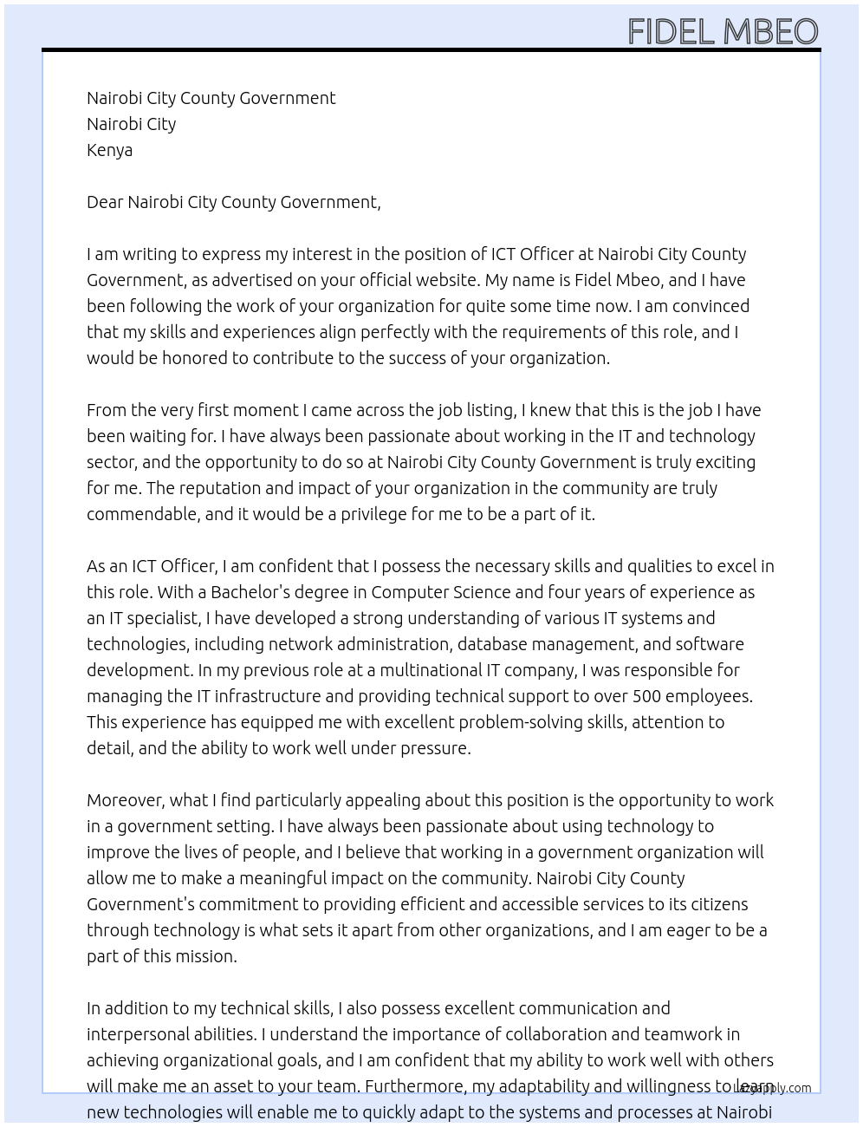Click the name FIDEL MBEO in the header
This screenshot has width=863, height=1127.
(x=723, y=32)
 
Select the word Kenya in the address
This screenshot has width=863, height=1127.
(x=109, y=150)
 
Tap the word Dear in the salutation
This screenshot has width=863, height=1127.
(x=105, y=202)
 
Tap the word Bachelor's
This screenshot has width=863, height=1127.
(x=250, y=592)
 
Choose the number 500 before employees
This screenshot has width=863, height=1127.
(x=647, y=696)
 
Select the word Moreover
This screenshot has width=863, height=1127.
(x=125, y=800)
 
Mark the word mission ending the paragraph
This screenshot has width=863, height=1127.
(x=205, y=956)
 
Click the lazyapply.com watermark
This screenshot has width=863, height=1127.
(x=773, y=1088)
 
